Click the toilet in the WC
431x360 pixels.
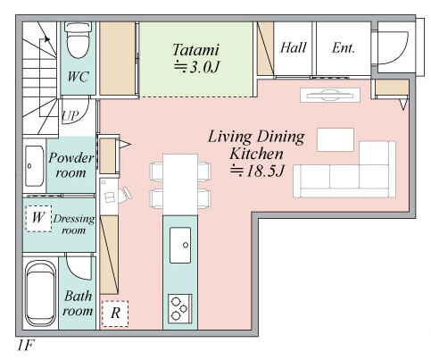coord(78,40)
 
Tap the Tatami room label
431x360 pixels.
coord(196,50)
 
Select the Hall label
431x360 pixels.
coord(293,47)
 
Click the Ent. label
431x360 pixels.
coord(344,47)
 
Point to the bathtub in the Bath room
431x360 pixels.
coord(40,293)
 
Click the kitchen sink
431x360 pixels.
coord(180,245)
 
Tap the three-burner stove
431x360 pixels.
coord(180,308)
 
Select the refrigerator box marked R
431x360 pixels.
coord(115,314)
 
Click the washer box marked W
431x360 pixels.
coord(38,218)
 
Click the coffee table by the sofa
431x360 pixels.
coord(336,139)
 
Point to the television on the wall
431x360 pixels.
coord(330,96)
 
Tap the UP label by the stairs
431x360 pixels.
coord(70,116)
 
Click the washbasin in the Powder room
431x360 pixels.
coord(34,166)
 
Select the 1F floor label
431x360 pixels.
coord(26,346)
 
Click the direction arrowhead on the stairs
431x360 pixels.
coord(46,38)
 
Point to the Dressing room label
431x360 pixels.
coord(74,224)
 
